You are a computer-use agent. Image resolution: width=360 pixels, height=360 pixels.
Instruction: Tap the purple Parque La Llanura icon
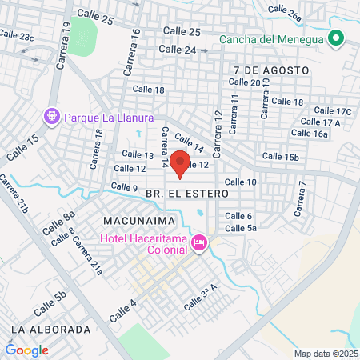[x=52, y=117]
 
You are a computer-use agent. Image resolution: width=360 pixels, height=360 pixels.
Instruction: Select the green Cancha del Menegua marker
[x=336, y=38]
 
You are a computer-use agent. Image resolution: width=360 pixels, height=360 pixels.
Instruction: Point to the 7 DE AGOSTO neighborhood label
[x=272, y=70]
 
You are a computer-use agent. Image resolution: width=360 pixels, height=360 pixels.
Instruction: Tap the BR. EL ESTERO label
[x=187, y=194]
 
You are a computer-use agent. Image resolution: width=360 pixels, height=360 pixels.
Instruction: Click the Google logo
[x=26, y=350]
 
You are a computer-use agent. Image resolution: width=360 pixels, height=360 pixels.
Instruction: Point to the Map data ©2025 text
[x=325, y=353]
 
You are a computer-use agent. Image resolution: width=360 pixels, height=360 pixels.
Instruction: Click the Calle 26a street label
[x=285, y=12]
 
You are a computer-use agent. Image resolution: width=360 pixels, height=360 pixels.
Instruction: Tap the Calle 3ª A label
[x=201, y=301]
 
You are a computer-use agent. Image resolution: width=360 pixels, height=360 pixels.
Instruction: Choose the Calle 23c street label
[x=17, y=36]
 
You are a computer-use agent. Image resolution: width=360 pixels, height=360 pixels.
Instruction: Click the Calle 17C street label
[x=333, y=111]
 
